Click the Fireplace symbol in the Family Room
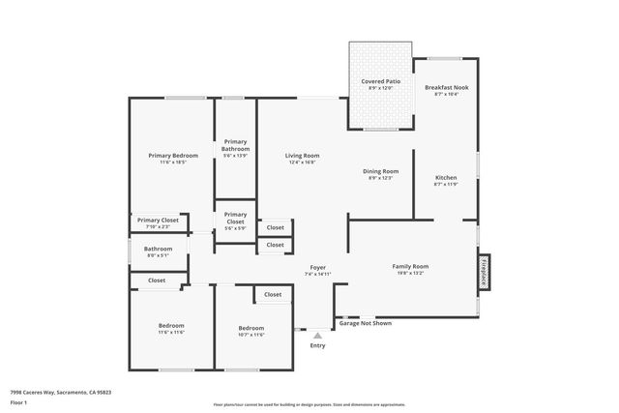(x=484, y=272)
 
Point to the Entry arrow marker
(x=317, y=336)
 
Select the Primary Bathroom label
(x=235, y=145)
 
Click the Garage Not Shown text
(x=367, y=323)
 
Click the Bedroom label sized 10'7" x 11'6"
(x=251, y=330)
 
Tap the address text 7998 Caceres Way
(x=60, y=392)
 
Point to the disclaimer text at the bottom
(x=309, y=404)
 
